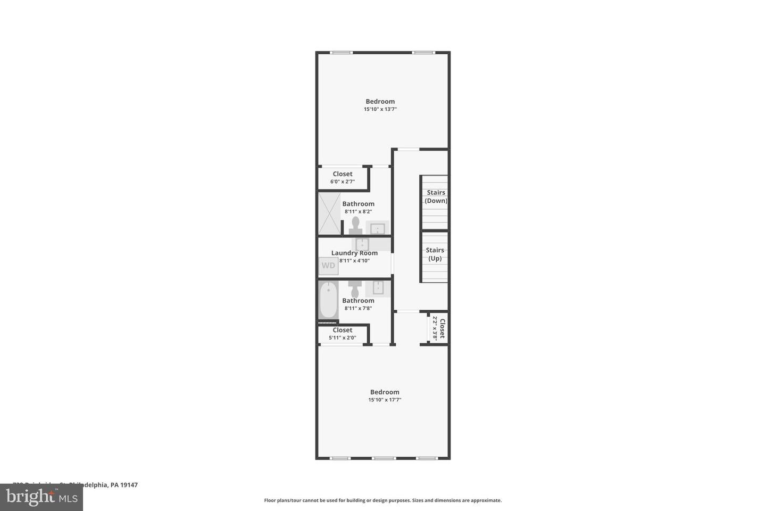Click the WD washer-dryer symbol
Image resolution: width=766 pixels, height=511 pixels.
click(x=328, y=266)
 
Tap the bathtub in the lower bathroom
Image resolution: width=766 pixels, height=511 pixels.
click(x=328, y=300)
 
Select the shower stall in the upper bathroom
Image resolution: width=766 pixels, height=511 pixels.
click(x=329, y=213)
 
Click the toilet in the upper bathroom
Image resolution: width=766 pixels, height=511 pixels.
click(x=355, y=225)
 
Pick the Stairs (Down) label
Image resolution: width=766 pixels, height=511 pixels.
click(x=436, y=196)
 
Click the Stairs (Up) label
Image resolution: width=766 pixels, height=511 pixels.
click(x=435, y=254)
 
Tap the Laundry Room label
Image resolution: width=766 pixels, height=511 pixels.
click(x=354, y=253)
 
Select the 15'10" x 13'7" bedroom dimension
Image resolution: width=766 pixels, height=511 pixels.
click(x=380, y=109)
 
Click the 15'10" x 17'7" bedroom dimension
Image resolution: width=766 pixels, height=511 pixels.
click(x=385, y=400)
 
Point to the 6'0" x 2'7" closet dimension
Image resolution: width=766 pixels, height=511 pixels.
click(x=343, y=182)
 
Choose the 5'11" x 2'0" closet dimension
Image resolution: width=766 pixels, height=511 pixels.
click(x=343, y=337)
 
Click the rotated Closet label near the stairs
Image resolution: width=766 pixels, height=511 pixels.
click(x=442, y=328)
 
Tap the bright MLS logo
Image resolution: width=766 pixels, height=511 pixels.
click(x=41, y=497)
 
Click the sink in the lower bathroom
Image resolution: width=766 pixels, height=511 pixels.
click(x=378, y=288)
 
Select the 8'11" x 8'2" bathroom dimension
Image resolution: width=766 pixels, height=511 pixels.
click(x=358, y=211)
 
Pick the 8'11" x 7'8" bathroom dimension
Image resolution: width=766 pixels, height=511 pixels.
click(x=358, y=308)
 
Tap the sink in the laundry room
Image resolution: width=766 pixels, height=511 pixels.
click(x=362, y=244)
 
